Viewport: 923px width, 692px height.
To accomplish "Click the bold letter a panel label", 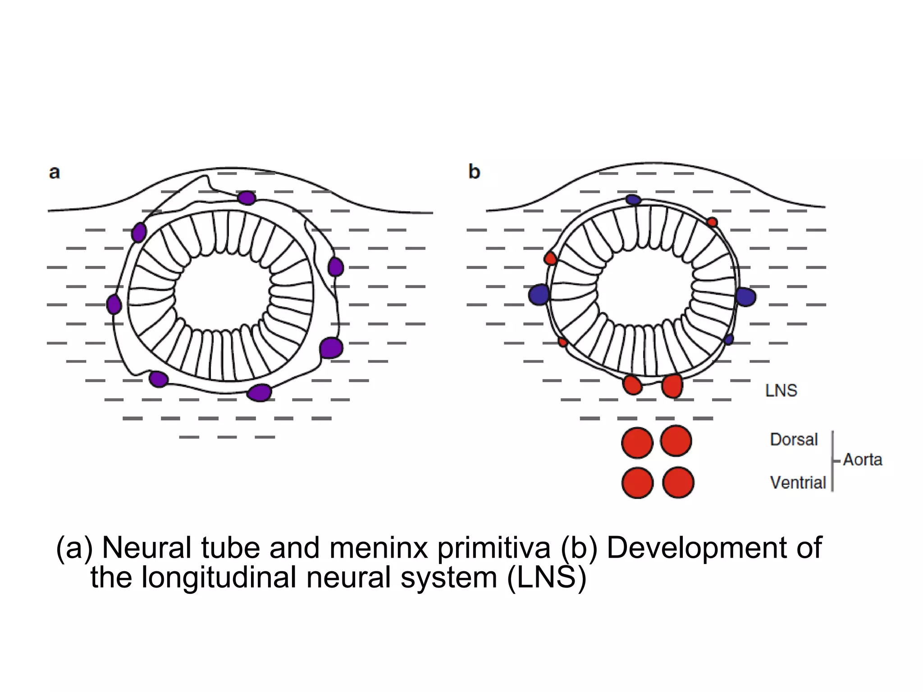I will pyautogui.click(x=54, y=173).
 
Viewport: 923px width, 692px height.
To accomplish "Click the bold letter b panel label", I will pyautogui.click(x=474, y=172).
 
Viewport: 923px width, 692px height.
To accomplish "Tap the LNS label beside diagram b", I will pyautogui.click(x=781, y=391).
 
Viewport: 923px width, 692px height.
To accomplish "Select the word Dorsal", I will pyautogui.click(x=794, y=440).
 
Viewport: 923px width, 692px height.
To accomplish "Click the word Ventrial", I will pyautogui.click(x=798, y=483).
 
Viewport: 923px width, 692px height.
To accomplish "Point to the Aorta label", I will pyautogui.click(x=862, y=460).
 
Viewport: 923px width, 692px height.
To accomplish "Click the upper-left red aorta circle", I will pyautogui.click(x=637, y=443).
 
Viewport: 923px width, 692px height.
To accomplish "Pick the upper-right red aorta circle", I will pyautogui.click(x=676, y=441).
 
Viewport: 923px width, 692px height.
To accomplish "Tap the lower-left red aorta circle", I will pyautogui.click(x=637, y=483).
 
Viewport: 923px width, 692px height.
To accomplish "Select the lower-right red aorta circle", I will pyautogui.click(x=678, y=482).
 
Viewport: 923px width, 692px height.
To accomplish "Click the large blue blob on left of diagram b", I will pyautogui.click(x=539, y=295).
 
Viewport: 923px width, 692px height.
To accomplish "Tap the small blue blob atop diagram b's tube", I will pyautogui.click(x=633, y=200).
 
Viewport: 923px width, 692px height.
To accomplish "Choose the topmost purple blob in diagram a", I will pyautogui.click(x=247, y=198).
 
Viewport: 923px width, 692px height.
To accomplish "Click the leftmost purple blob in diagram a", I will pyautogui.click(x=114, y=305).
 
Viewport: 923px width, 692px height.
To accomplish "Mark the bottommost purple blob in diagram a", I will pyautogui.click(x=260, y=392).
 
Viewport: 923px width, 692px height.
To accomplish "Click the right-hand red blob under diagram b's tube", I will pyautogui.click(x=672, y=386).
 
